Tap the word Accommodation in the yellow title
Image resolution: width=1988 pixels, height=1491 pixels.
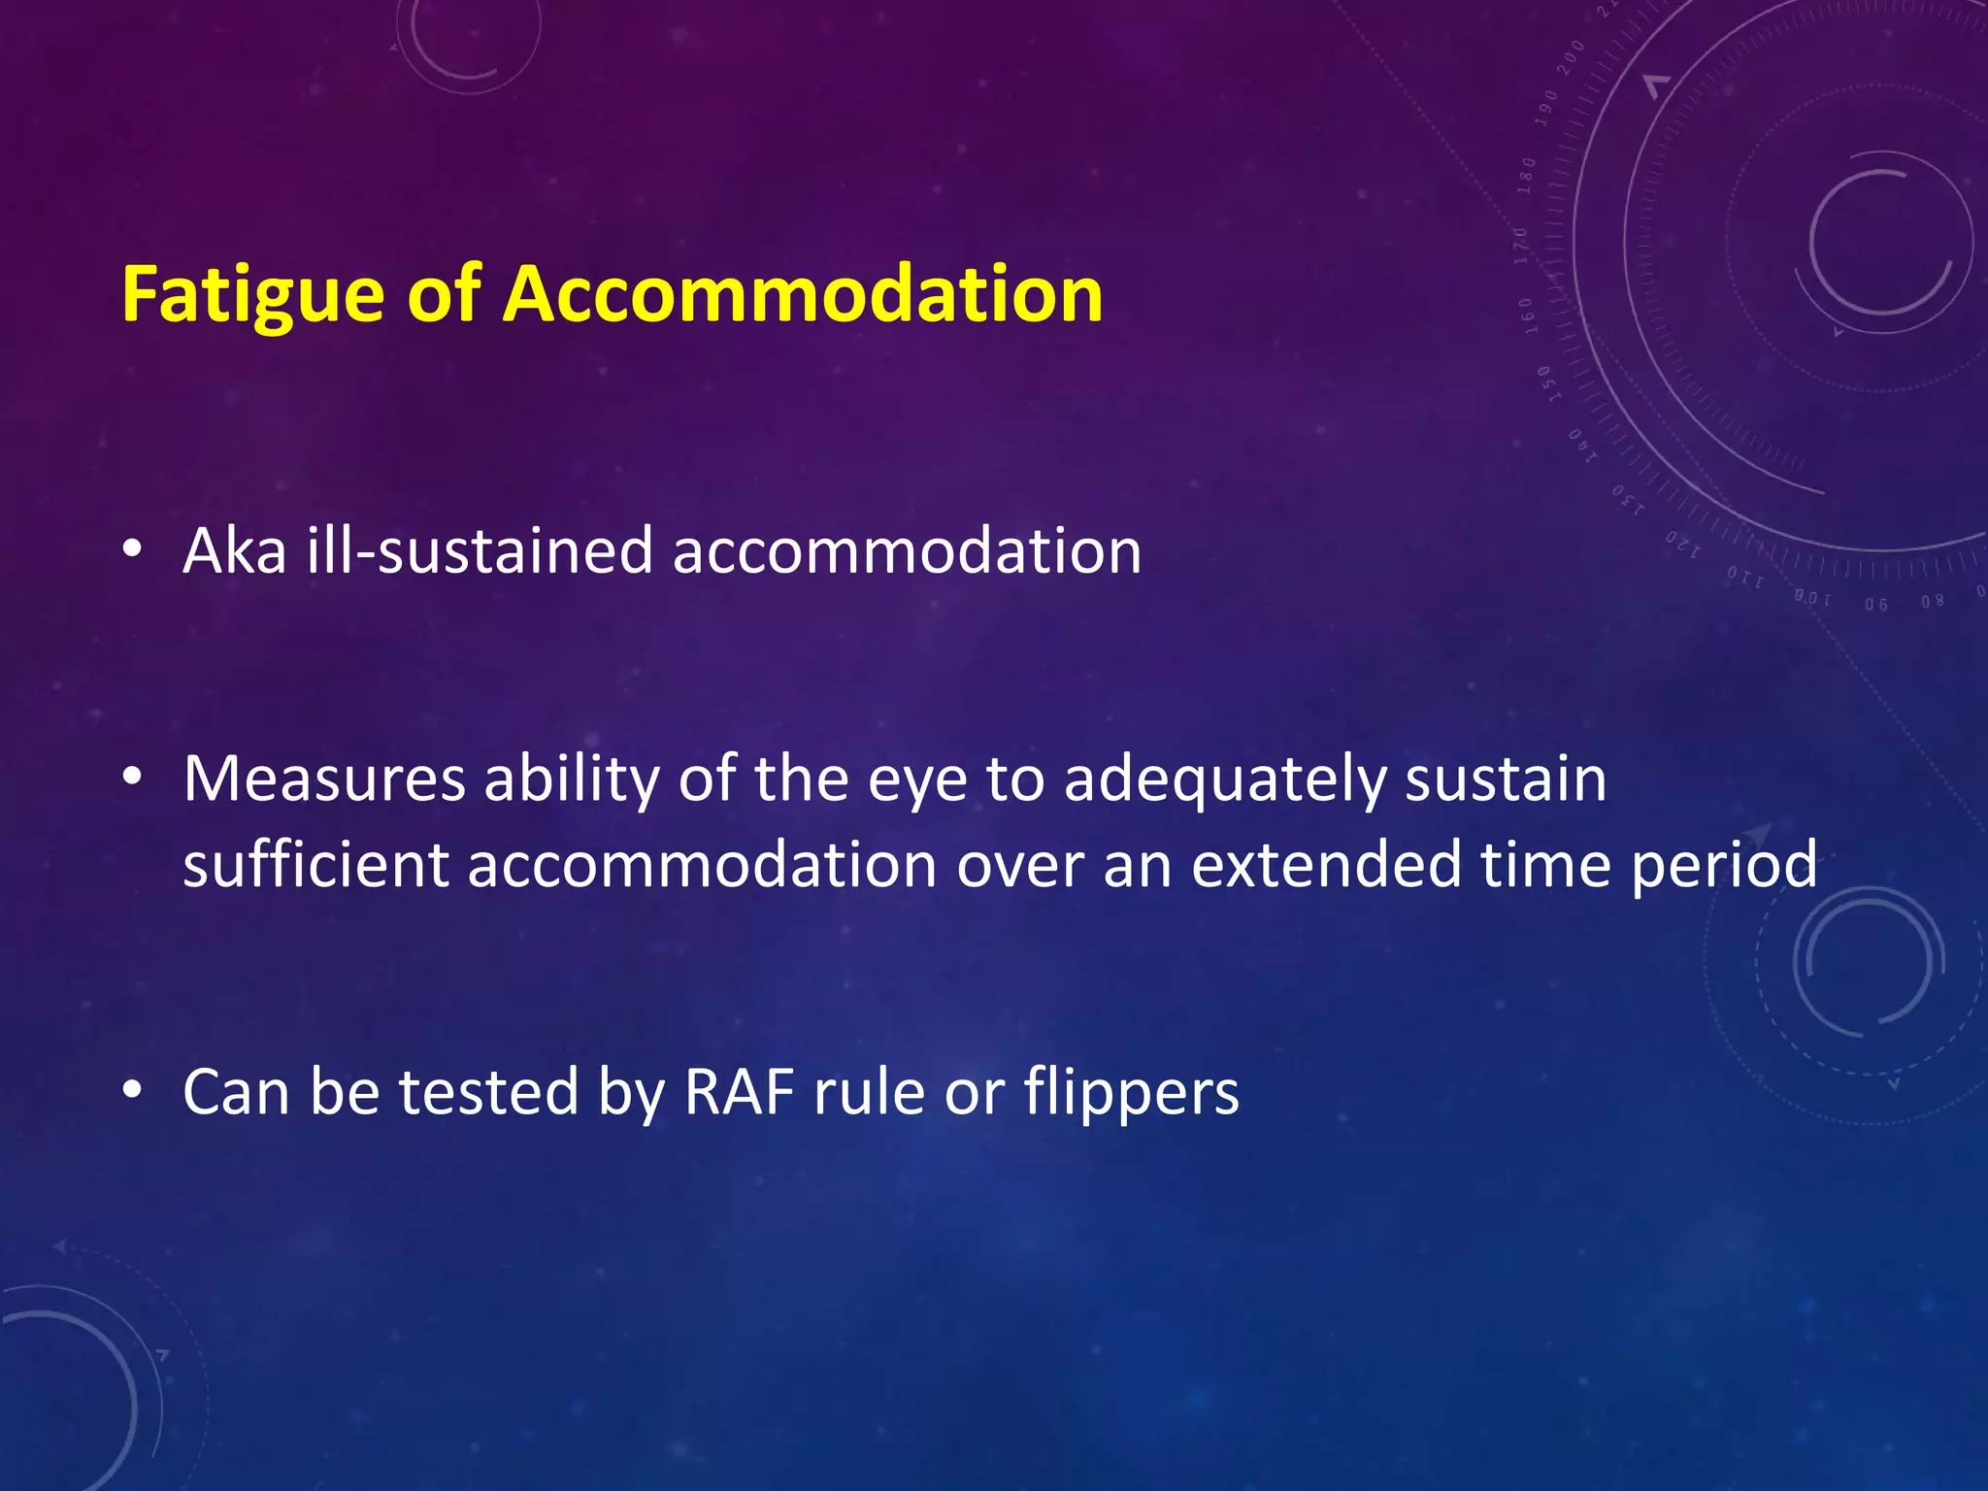(x=803, y=294)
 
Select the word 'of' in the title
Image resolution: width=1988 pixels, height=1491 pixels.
(x=444, y=294)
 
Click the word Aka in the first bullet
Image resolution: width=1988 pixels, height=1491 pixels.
(x=235, y=551)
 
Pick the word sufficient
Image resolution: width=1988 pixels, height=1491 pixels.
(x=315, y=864)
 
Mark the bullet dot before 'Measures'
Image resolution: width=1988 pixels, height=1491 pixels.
(x=133, y=777)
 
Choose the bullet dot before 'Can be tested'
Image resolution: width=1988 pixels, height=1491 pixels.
(x=133, y=1090)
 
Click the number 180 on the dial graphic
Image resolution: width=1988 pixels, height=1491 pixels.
(x=1527, y=176)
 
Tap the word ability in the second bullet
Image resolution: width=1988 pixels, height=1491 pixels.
(x=571, y=780)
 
